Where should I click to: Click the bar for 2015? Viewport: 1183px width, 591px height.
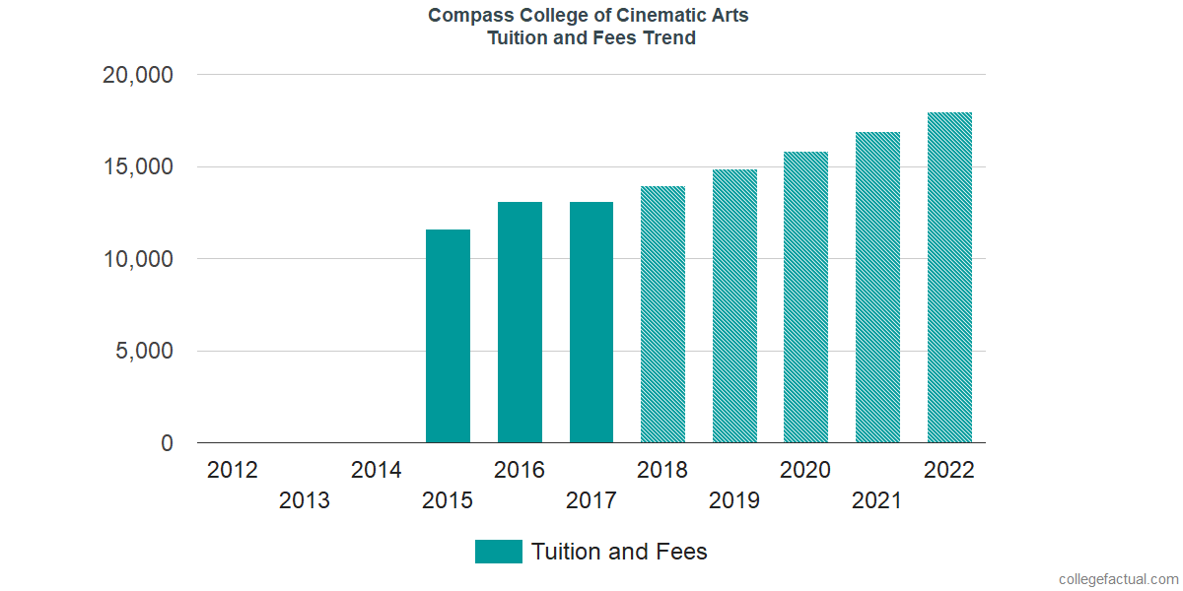[448, 336]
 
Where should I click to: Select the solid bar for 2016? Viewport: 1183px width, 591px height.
[520, 322]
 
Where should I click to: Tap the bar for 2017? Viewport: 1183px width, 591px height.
[591, 322]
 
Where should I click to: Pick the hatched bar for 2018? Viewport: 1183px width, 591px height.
[662, 314]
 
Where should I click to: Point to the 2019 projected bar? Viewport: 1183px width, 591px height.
[734, 306]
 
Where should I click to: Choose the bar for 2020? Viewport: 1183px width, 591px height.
[805, 297]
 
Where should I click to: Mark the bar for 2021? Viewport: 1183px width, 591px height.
[877, 288]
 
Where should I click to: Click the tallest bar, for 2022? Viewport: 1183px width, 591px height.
[949, 278]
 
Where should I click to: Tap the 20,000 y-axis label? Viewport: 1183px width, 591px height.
[138, 75]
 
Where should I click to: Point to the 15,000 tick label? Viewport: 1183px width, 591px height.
[138, 167]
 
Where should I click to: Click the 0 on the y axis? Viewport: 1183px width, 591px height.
[168, 444]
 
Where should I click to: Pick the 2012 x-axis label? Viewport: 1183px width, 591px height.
[233, 470]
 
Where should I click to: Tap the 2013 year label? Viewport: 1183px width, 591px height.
[305, 501]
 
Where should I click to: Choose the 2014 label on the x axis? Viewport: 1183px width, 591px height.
[377, 470]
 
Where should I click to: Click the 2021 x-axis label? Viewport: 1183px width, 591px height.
[877, 501]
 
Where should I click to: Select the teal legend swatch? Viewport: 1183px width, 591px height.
[498, 552]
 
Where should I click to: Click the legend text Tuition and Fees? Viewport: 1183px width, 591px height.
[619, 552]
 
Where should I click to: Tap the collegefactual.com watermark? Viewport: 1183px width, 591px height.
[1118, 579]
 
